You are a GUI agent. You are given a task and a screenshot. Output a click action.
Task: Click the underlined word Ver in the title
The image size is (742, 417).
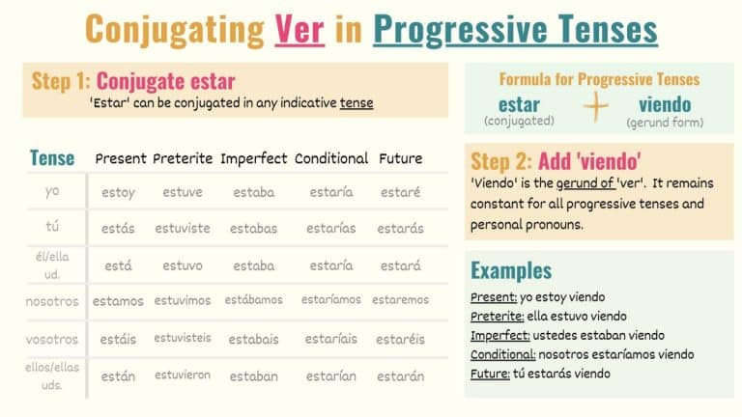click(299, 30)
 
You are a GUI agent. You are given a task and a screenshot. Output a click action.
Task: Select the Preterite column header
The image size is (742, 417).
click(183, 158)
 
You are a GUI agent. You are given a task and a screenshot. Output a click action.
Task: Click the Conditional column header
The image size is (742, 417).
click(331, 158)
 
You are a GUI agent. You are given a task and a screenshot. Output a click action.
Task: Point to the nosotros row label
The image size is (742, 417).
click(52, 301)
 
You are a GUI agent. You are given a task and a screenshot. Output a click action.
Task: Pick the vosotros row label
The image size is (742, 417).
click(52, 339)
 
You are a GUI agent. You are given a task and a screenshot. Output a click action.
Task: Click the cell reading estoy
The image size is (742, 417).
click(119, 192)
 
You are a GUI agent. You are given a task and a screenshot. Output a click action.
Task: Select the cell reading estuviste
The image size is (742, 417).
click(183, 229)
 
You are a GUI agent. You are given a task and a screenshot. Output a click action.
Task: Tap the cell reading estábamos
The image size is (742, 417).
click(255, 300)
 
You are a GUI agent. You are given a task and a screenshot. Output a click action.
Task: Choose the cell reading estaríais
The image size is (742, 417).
click(331, 339)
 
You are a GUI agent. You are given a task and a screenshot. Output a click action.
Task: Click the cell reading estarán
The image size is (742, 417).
click(400, 376)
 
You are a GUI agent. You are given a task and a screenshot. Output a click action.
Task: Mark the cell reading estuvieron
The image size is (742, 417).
click(183, 375)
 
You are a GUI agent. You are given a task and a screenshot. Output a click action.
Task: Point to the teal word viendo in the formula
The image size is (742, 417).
click(665, 104)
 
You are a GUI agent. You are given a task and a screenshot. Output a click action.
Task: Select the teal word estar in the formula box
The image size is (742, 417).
click(519, 104)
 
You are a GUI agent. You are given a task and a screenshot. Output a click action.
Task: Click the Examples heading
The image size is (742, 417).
click(511, 270)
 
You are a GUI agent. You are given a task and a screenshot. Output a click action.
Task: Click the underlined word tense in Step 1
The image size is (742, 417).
click(357, 102)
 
